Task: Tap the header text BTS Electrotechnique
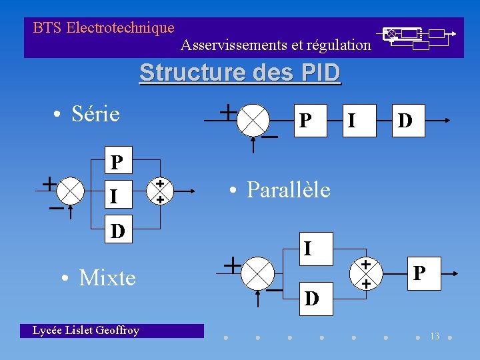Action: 103,28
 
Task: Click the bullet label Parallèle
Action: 287,190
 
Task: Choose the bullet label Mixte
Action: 107,277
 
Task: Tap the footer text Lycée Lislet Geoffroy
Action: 86,330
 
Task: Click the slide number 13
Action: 434,336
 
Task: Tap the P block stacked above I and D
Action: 117,162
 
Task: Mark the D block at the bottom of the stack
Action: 117,231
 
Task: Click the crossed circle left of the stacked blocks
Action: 70,191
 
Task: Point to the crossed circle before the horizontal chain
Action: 252,121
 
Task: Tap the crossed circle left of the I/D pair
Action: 257,273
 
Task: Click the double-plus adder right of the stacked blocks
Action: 160,191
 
